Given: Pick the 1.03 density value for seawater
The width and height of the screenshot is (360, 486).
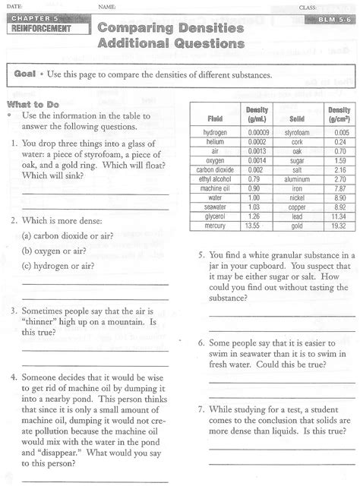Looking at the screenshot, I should tap(254, 207).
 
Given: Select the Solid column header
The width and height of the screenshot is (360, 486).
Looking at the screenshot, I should tap(297, 118).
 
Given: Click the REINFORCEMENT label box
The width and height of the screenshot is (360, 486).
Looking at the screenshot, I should tap(42, 28).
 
